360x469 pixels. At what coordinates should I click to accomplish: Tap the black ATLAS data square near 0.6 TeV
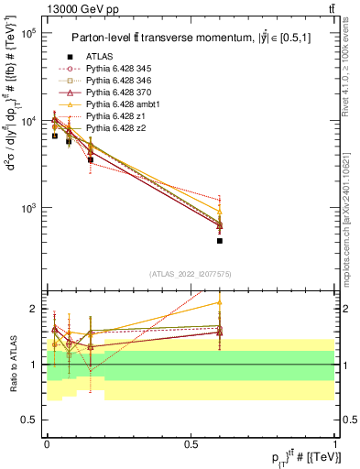(x=220, y=241)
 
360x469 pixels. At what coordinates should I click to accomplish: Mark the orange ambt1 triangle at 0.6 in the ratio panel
(x=220, y=302)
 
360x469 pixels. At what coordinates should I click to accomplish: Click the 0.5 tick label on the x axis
(x=191, y=443)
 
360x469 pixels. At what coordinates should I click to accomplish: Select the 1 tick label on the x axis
(x=334, y=443)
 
